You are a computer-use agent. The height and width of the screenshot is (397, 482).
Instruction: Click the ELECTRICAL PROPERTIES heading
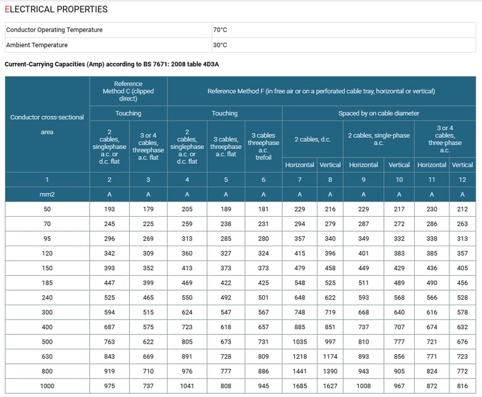tap(56, 9)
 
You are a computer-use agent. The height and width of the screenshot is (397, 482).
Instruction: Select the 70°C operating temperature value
tap(220, 30)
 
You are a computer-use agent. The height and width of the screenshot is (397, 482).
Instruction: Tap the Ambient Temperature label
tap(36, 45)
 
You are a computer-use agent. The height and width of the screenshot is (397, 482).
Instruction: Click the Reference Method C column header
tap(128, 91)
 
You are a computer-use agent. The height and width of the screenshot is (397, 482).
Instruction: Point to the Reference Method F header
tap(321, 91)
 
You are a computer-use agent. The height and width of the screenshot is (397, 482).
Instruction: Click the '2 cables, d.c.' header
tap(313, 139)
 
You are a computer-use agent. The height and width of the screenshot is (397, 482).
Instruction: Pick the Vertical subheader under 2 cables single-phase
tap(399, 165)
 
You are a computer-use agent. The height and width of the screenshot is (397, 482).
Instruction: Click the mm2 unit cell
tap(47, 195)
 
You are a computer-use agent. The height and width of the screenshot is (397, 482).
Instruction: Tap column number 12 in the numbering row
tap(462, 180)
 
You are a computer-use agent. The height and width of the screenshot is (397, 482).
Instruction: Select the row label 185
tap(47, 283)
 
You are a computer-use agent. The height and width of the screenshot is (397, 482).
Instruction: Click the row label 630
tap(47, 356)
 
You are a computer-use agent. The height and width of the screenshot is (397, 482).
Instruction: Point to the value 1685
tap(299, 386)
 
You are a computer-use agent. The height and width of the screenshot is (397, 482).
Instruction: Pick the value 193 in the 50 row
tap(109, 209)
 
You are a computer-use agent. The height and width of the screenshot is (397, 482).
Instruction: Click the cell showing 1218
tap(299, 356)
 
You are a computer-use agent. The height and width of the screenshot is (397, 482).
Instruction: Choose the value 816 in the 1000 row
tap(462, 386)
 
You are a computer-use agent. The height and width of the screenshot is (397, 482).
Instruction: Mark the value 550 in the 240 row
tap(186, 298)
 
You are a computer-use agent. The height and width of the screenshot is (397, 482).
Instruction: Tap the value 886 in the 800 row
tap(263, 371)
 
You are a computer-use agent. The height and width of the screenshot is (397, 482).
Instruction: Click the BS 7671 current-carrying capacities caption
tap(112, 64)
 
